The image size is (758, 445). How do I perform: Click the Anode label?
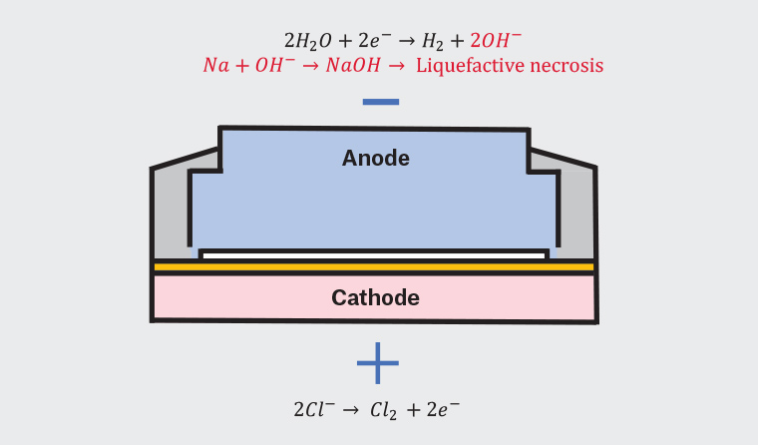pyautogui.click(x=375, y=158)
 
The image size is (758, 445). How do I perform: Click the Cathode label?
pyautogui.click(x=375, y=297)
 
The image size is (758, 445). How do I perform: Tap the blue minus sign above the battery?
pyautogui.click(x=380, y=102)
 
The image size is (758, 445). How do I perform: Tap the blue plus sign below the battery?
pyautogui.click(x=378, y=363)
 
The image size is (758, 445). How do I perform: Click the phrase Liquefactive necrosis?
pyautogui.click(x=510, y=66)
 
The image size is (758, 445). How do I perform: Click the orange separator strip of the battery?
pyautogui.click(x=374, y=267)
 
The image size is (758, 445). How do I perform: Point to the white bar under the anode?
pyautogui.click(x=374, y=254)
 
